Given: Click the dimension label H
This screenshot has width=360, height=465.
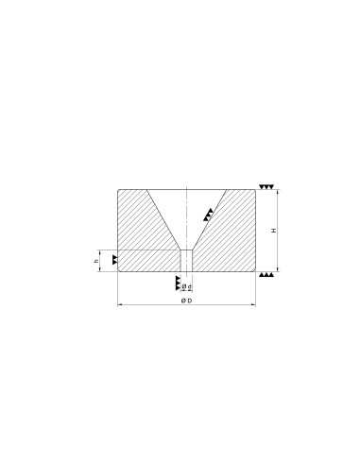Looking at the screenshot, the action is [274, 231].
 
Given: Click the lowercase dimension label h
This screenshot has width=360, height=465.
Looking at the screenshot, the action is [96, 261].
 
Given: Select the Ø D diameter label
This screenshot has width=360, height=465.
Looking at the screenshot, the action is [186, 301].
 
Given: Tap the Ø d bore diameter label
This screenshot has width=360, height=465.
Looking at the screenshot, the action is [187, 286].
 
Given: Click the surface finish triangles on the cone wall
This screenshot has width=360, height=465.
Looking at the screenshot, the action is [208, 215].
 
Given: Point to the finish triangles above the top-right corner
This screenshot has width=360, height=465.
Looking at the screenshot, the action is [266, 187].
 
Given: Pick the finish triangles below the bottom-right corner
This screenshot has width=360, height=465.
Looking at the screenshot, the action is [266, 275].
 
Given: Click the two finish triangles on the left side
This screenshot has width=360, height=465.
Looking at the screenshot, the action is [114, 260].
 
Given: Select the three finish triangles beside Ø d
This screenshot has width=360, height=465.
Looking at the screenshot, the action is [178, 284].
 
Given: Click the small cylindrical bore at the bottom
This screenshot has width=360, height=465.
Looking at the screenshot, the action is [187, 261].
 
